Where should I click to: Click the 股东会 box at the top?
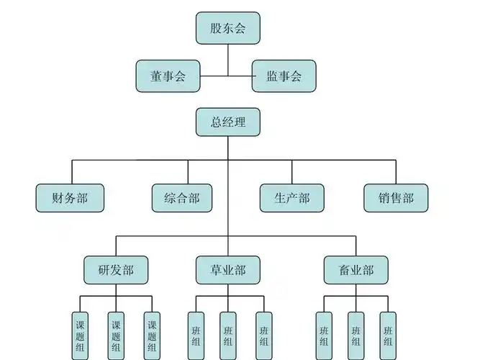(x=228, y=28)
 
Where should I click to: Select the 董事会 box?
(x=168, y=76)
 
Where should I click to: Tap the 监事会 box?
(x=284, y=76)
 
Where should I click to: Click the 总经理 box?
(x=228, y=122)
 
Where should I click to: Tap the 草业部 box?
(x=228, y=270)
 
